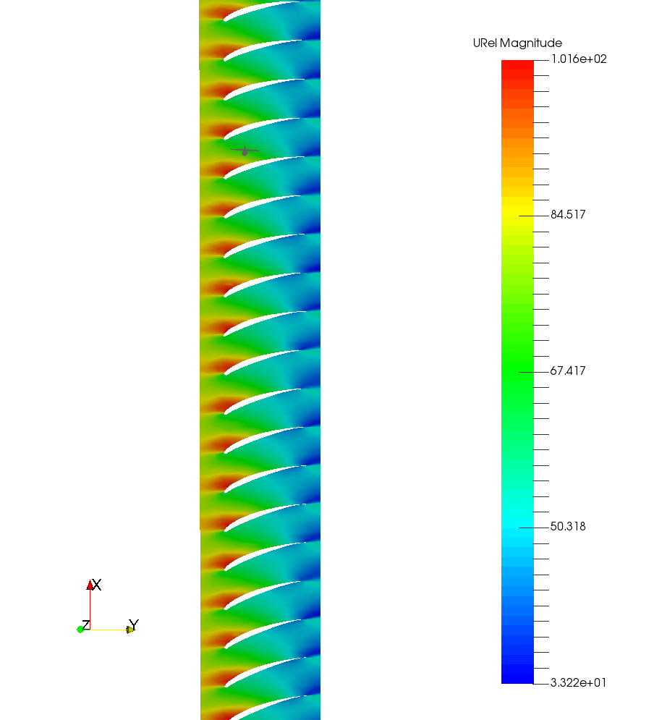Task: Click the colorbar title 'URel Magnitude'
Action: point(517,43)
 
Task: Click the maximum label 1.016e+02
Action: point(579,59)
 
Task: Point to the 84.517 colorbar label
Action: point(568,214)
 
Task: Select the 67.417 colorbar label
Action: point(568,370)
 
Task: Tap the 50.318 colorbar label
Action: point(568,526)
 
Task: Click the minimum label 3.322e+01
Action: point(578,683)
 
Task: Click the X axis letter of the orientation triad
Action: point(97,585)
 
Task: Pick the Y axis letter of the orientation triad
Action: point(134,624)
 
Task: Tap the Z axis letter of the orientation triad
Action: point(86,625)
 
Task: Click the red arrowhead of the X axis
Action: point(90,585)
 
